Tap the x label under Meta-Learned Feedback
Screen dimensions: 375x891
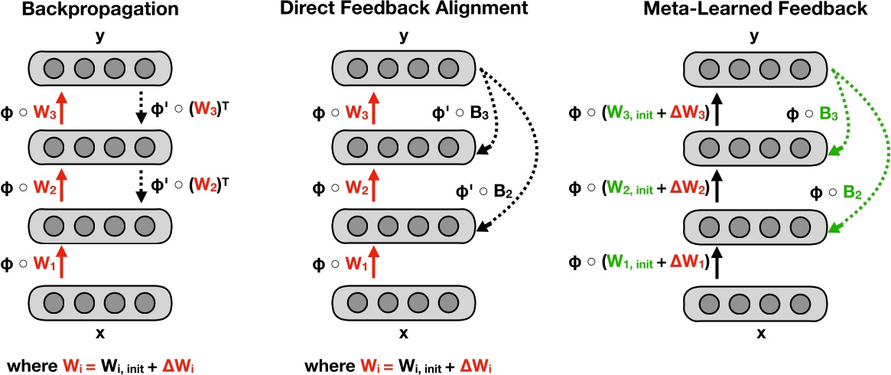(x=761, y=334)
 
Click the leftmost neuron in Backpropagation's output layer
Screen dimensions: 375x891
(x=53, y=68)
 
